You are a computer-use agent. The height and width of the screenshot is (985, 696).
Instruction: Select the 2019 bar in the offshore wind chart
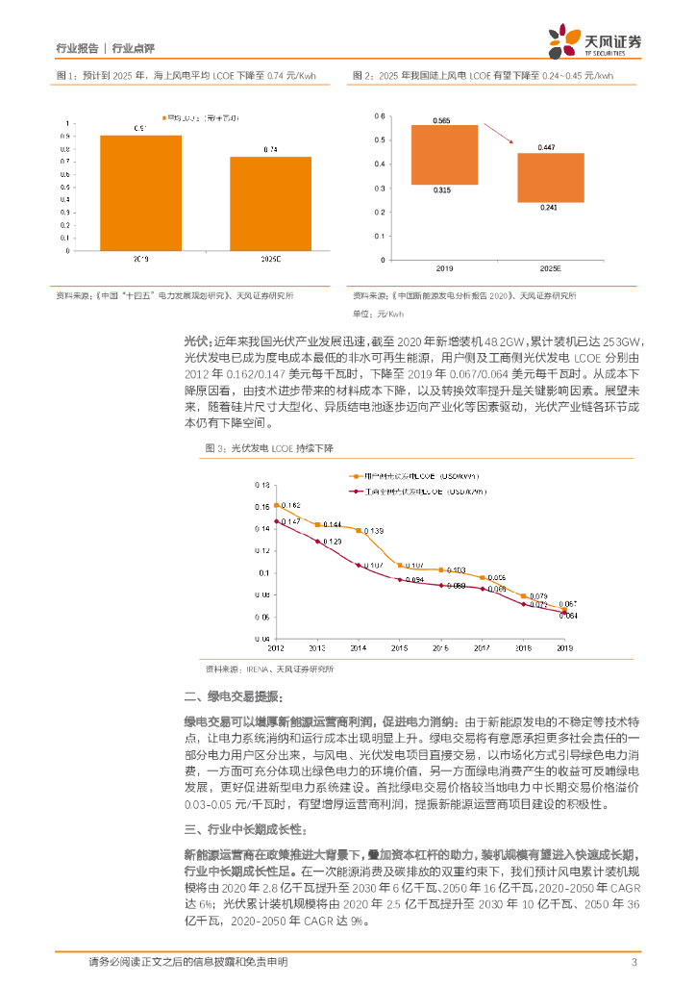click(140, 192)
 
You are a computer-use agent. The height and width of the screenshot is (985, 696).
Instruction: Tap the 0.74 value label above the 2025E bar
click(270, 149)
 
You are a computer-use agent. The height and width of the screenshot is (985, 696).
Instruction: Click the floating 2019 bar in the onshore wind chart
click(443, 155)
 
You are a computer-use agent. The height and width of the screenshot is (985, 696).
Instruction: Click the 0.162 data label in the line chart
click(289, 505)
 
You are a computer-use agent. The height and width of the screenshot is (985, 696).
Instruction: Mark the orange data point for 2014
click(359, 530)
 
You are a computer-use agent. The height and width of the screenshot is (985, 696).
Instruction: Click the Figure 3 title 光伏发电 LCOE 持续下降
click(269, 448)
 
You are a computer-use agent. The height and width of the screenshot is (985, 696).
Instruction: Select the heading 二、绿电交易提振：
click(234, 695)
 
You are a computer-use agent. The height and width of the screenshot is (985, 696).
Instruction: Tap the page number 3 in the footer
click(634, 962)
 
